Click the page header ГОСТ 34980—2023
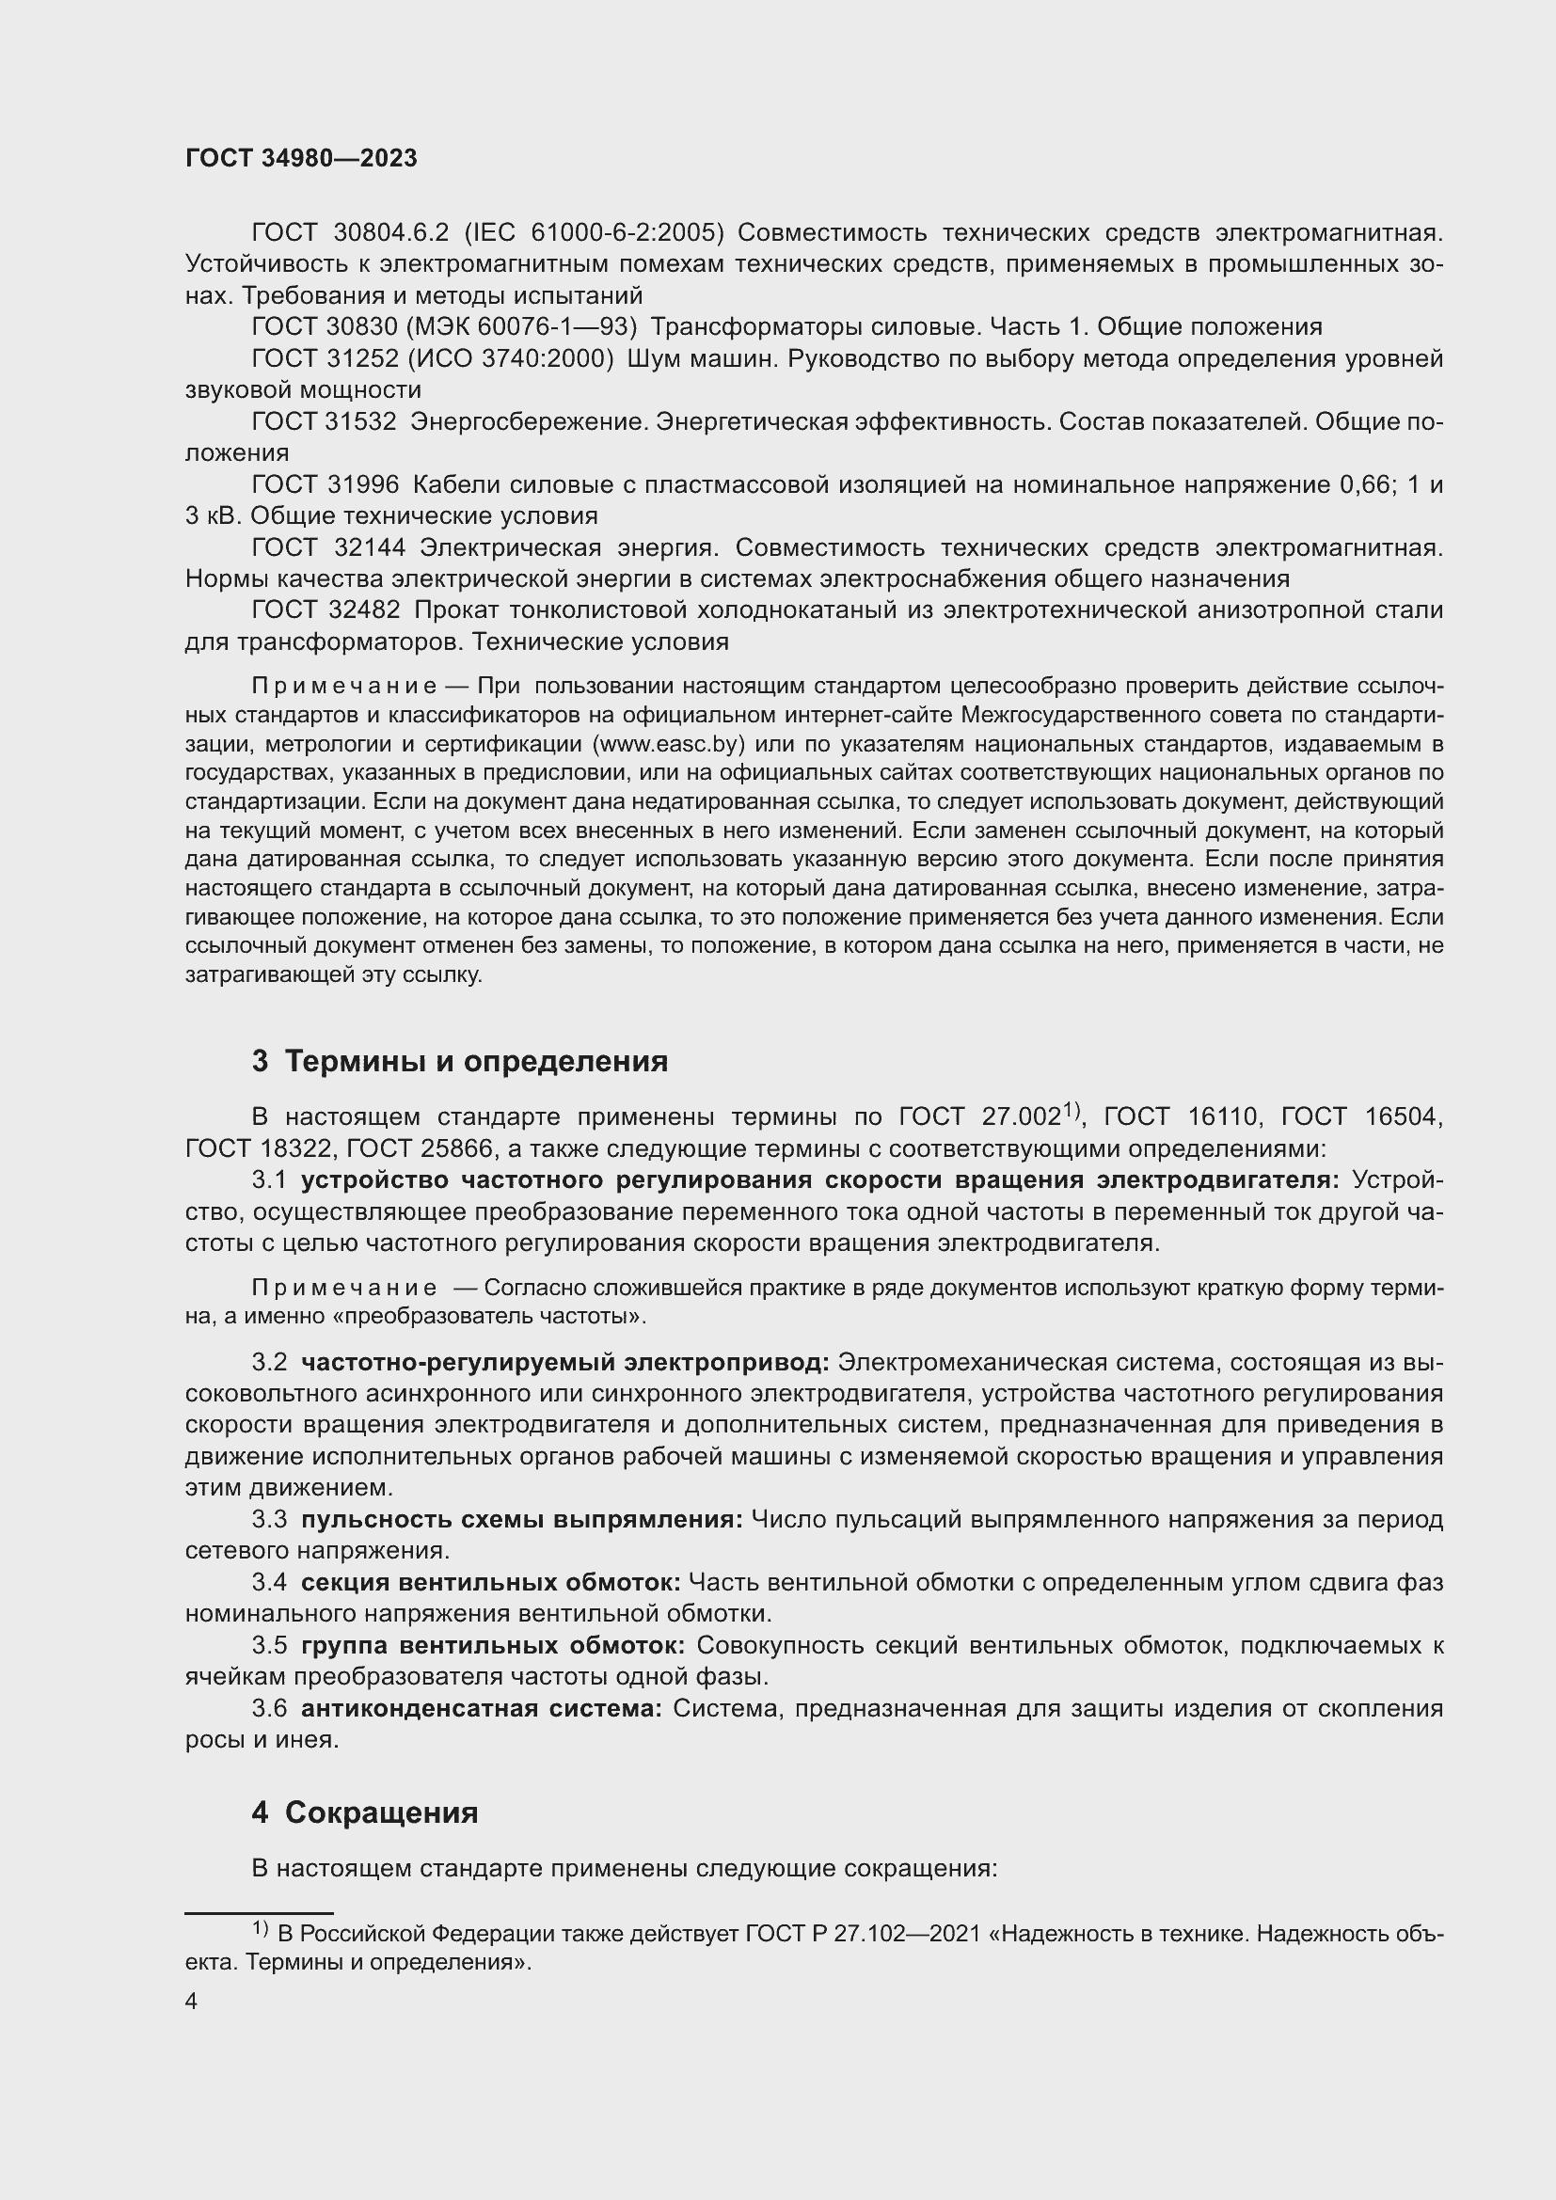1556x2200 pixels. point(301,159)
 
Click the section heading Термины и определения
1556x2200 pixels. point(476,1062)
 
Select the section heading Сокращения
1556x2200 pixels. point(381,1812)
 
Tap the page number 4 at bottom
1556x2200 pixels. point(192,2002)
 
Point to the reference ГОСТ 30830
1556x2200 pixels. point(323,327)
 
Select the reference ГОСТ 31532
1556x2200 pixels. point(323,422)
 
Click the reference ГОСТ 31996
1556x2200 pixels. point(323,485)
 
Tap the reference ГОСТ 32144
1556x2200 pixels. point(328,548)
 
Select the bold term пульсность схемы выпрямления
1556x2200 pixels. point(521,1520)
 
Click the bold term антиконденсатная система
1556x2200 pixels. point(481,1708)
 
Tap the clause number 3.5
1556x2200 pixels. point(269,1646)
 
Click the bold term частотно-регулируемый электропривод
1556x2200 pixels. point(565,1363)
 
